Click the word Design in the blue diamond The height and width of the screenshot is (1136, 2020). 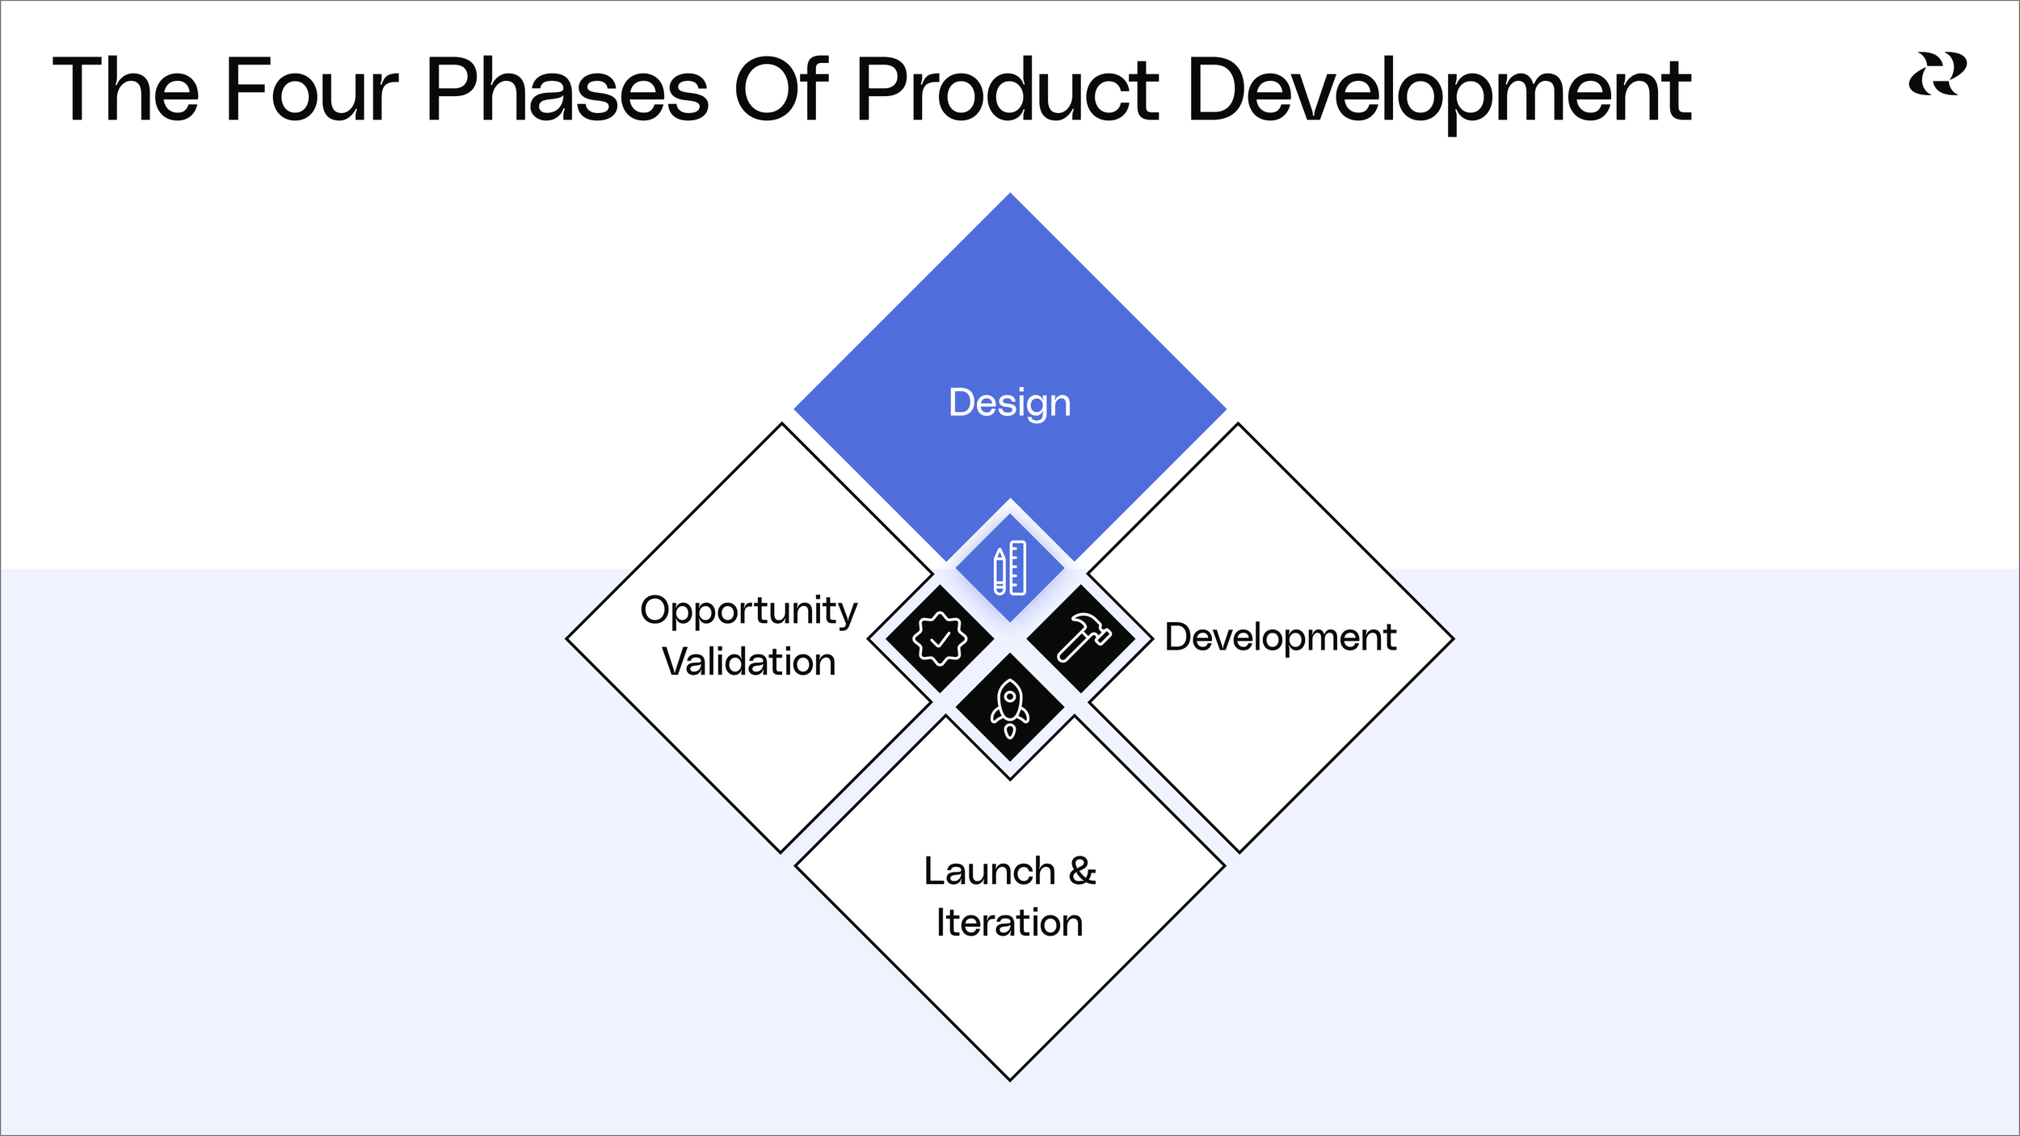pyautogui.click(x=1009, y=402)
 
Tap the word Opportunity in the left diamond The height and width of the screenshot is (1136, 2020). pyautogui.click(x=748, y=611)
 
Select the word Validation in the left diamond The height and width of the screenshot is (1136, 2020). pyautogui.click(x=748, y=662)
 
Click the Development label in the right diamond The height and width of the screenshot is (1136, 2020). pyautogui.click(x=1280, y=637)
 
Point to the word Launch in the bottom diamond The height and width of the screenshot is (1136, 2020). pyautogui.click(x=989, y=872)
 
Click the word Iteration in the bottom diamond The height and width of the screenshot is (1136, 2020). pyautogui.click(x=1009, y=923)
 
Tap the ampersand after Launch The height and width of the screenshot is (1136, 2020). pyautogui.click(x=1083, y=871)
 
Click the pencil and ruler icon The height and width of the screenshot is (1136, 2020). pyautogui.click(x=1009, y=568)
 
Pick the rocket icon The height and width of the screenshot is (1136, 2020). pyautogui.click(x=1009, y=708)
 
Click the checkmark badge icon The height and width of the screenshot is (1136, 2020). pyautogui.click(x=939, y=638)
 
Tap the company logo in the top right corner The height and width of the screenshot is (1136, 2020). pyautogui.click(x=1937, y=74)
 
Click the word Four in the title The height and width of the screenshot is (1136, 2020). pyautogui.click(x=311, y=90)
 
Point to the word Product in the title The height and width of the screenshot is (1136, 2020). pyautogui.click(x=1007, y=90)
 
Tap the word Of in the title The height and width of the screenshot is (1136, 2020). pyautogui.click(x=782, y=90)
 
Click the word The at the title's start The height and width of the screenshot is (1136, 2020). pyautogui.click(x=125, y=90)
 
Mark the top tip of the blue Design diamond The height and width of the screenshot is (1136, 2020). pyautogui.click(x=1010, y=195)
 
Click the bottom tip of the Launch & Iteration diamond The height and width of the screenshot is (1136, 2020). pyautogui.click(x=1010, y=1078)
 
